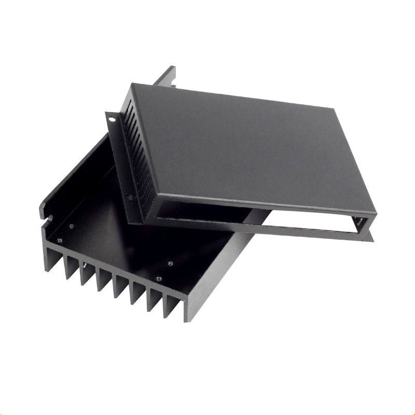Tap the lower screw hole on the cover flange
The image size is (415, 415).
[130, 198]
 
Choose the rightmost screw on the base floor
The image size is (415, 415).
[171, 263]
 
